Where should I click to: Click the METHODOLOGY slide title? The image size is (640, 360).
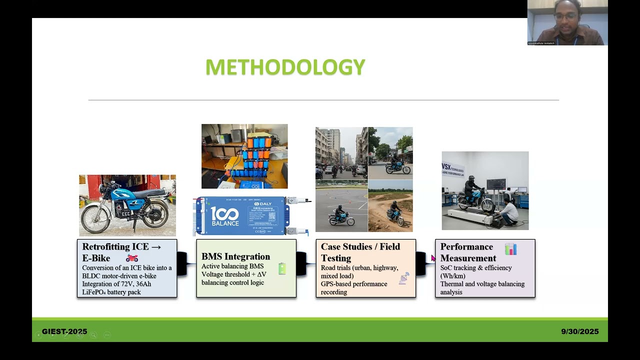click(x=285, y=67)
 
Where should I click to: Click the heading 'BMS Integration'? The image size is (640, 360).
click(x=235, y=256)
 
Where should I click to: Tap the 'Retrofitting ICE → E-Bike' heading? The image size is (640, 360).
click(x=121, y=252)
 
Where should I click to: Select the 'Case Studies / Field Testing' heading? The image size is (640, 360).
click(x=360, y=252)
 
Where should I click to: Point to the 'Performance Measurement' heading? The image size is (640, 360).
click(x=468, y=252)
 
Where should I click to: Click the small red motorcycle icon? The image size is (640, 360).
click(x=132, y=258)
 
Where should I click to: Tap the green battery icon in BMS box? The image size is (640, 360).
click(x=282, y=268)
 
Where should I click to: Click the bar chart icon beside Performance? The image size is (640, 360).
click(x=510, y=249)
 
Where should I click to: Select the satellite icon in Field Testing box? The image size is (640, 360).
click(x=404, y=278)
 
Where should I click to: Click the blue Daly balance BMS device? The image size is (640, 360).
click(x=244, y=216)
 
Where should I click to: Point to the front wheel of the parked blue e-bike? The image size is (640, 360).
click(x=95, y=218)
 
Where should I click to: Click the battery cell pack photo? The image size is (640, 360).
click(x=244, y=156)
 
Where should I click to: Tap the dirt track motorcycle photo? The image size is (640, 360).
click(x=390, y=206)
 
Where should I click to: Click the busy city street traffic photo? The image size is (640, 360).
click(x=341, y=153)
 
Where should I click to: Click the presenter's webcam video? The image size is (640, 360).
click(x=567, y=22)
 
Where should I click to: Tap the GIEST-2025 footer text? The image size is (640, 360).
click(x=64, y=331)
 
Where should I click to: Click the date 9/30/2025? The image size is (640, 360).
click(x=579, y=331)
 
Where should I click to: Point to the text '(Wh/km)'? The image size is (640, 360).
click(x=452, y=276)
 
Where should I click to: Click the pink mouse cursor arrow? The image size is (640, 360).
click(x=433, y=257)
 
